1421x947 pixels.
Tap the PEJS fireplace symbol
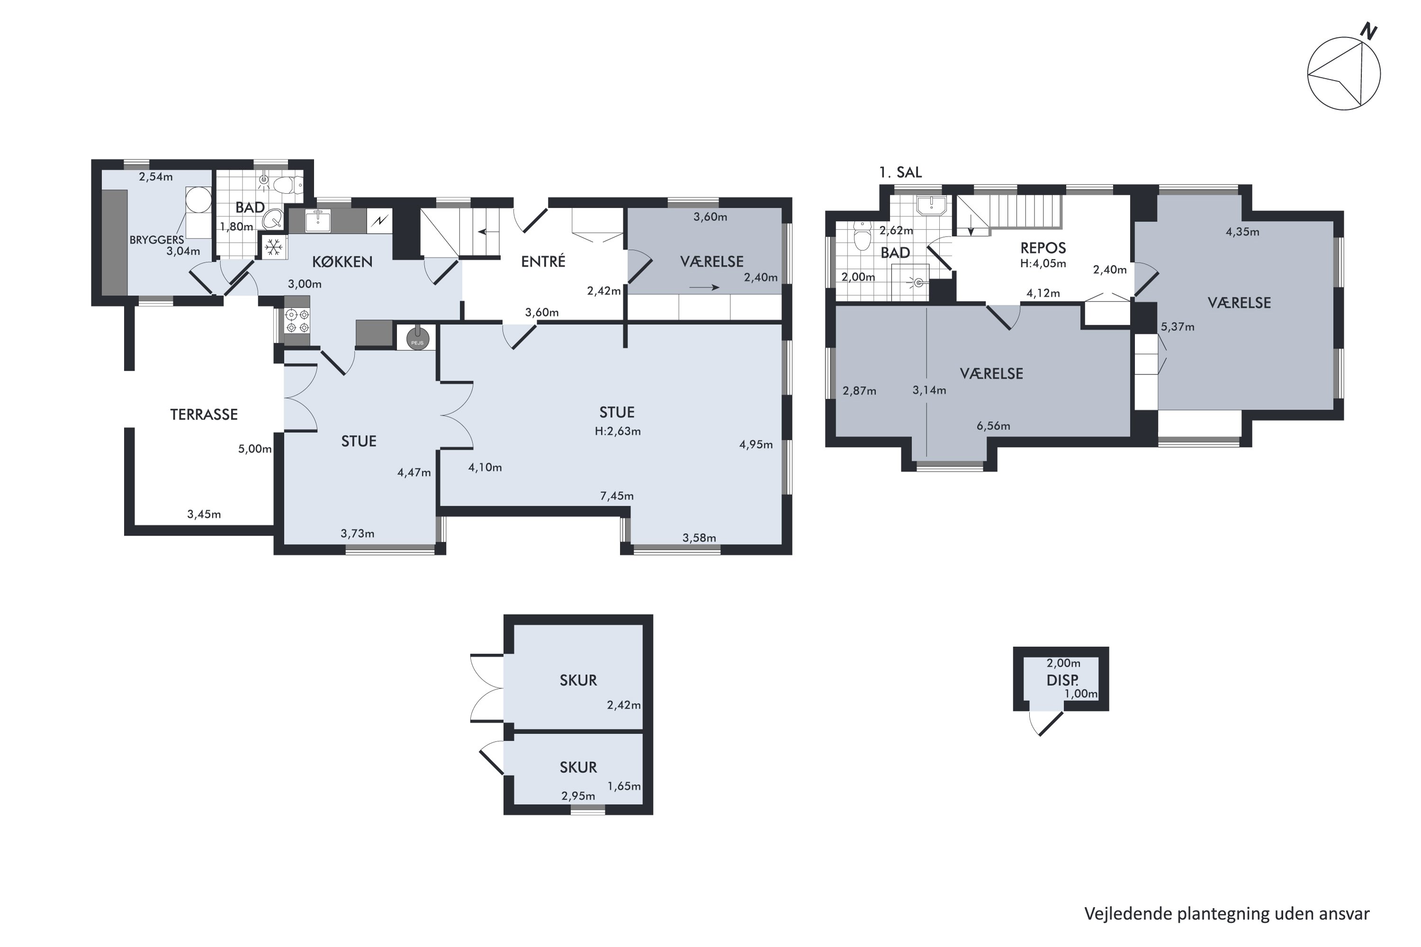pos(417,338)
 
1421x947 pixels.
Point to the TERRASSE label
pos(204,414)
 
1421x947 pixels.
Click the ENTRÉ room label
pos(543,261)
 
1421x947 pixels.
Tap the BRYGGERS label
pos(156,240)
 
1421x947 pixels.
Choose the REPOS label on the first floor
pos(1043,248)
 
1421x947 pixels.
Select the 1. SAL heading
pos(900,172)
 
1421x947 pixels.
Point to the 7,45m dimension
pos(617,496)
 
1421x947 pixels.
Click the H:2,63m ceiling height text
pos(618,431)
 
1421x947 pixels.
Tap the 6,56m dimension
pos(993,426)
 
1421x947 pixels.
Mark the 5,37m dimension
pos(1178,327)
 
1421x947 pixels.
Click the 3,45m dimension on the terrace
pos(204,515)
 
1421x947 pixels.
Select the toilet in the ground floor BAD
pos(287,184)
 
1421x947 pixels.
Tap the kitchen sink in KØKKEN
pos(318,221)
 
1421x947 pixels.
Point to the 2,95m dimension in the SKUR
pos(578,796)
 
